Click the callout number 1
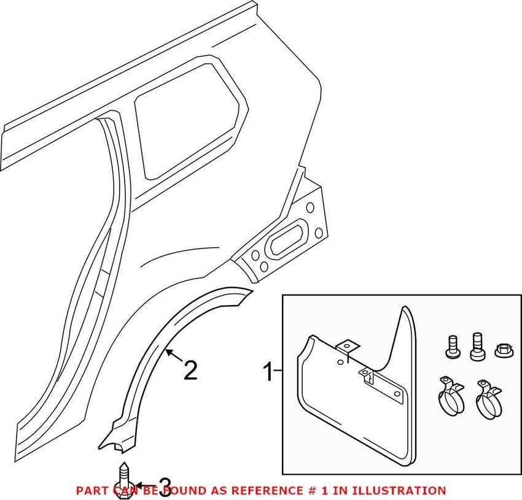point(267,371)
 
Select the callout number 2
point(190,370)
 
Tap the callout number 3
point(165,488)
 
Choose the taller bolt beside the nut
point(476,346)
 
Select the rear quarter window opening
point(187,123)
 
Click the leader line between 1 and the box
point(278,371)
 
